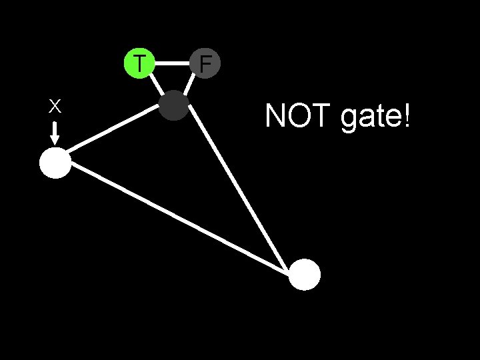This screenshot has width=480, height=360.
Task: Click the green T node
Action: pos(139,64)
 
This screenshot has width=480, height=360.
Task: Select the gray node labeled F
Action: pos(205,64)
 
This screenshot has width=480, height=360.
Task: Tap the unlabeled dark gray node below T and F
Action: pos(175,105)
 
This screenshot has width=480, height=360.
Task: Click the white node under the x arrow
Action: pos(55,163)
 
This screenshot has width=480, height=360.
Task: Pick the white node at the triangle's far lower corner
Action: pos(305,275)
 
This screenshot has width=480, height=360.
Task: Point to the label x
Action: pos(55,105)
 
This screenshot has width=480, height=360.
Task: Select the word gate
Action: pos(369,117)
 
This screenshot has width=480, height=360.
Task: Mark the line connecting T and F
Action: pos(172,64)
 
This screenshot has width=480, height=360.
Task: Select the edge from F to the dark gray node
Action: pos(189,85)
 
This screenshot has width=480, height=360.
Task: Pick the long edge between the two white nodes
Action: pos(180,219)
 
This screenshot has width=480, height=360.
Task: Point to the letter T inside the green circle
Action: pos(139,64)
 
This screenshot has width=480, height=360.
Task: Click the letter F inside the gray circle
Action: pos(205,64)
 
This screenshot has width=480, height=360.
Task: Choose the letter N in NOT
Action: pos(275,116)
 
